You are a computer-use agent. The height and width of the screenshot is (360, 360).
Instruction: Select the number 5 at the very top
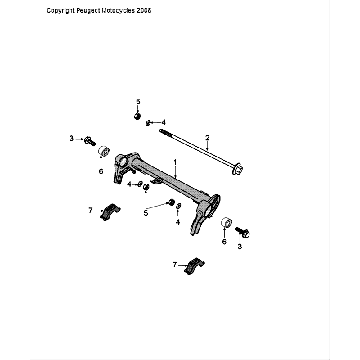[139, 103]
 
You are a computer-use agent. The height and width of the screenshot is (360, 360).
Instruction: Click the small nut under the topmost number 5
[136, 117]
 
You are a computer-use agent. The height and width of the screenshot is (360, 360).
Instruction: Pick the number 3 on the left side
[70, 137]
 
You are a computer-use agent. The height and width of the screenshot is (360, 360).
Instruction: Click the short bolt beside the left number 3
[90, 138]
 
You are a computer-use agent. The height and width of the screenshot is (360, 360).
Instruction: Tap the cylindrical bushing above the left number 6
[102, 151]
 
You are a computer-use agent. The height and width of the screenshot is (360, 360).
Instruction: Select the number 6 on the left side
[101, 171]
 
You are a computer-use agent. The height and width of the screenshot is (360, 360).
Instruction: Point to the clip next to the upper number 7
[111, 214]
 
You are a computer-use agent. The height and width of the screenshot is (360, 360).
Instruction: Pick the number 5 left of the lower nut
[146, 213]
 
